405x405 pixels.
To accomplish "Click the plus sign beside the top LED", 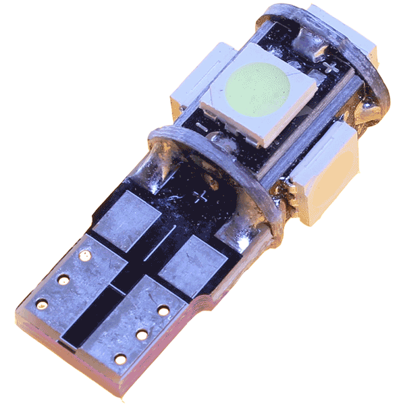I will (331, 67).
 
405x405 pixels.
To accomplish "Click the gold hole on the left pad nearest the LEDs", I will (86, 256).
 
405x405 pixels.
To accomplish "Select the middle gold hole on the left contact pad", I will (63, 279).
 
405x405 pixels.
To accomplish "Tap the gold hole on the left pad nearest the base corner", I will (41, 304).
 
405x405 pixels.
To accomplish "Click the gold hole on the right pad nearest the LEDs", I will (163, 310).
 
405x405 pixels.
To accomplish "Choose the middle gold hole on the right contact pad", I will (141, 334).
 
